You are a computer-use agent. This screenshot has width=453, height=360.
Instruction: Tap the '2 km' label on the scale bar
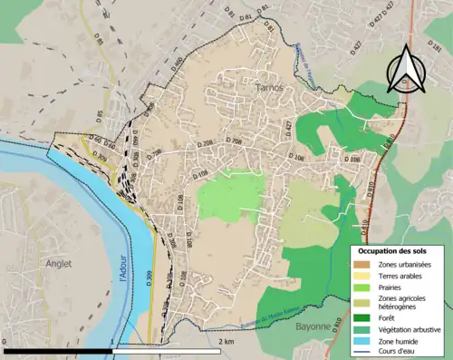point(226,341)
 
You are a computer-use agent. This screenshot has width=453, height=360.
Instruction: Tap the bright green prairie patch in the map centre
point(230,196)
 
